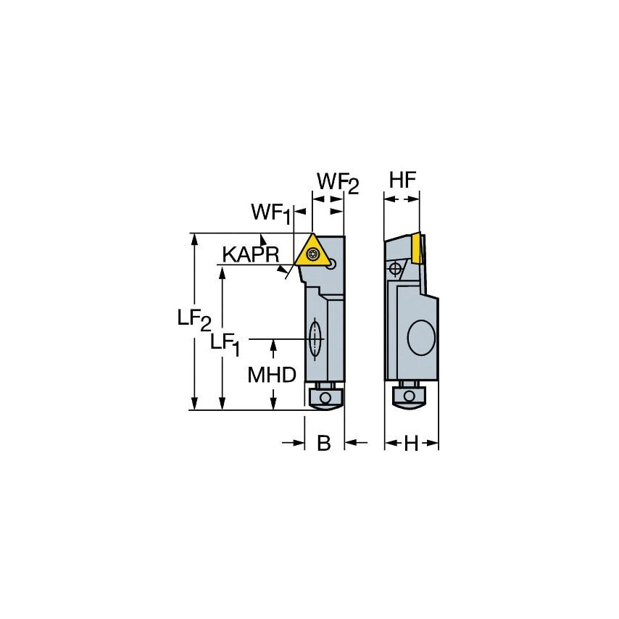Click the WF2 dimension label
(337, 183)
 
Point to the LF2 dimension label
(194, 320)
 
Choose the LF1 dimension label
(225, 343)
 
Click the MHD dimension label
(272, 375)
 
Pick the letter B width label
(324, 444)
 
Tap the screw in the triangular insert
(313, 254)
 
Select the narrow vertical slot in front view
(315, 338)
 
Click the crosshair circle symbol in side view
(395, 269)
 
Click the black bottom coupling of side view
(410, 396)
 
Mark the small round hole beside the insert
(331, 265)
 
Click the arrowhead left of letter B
(299, 443)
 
